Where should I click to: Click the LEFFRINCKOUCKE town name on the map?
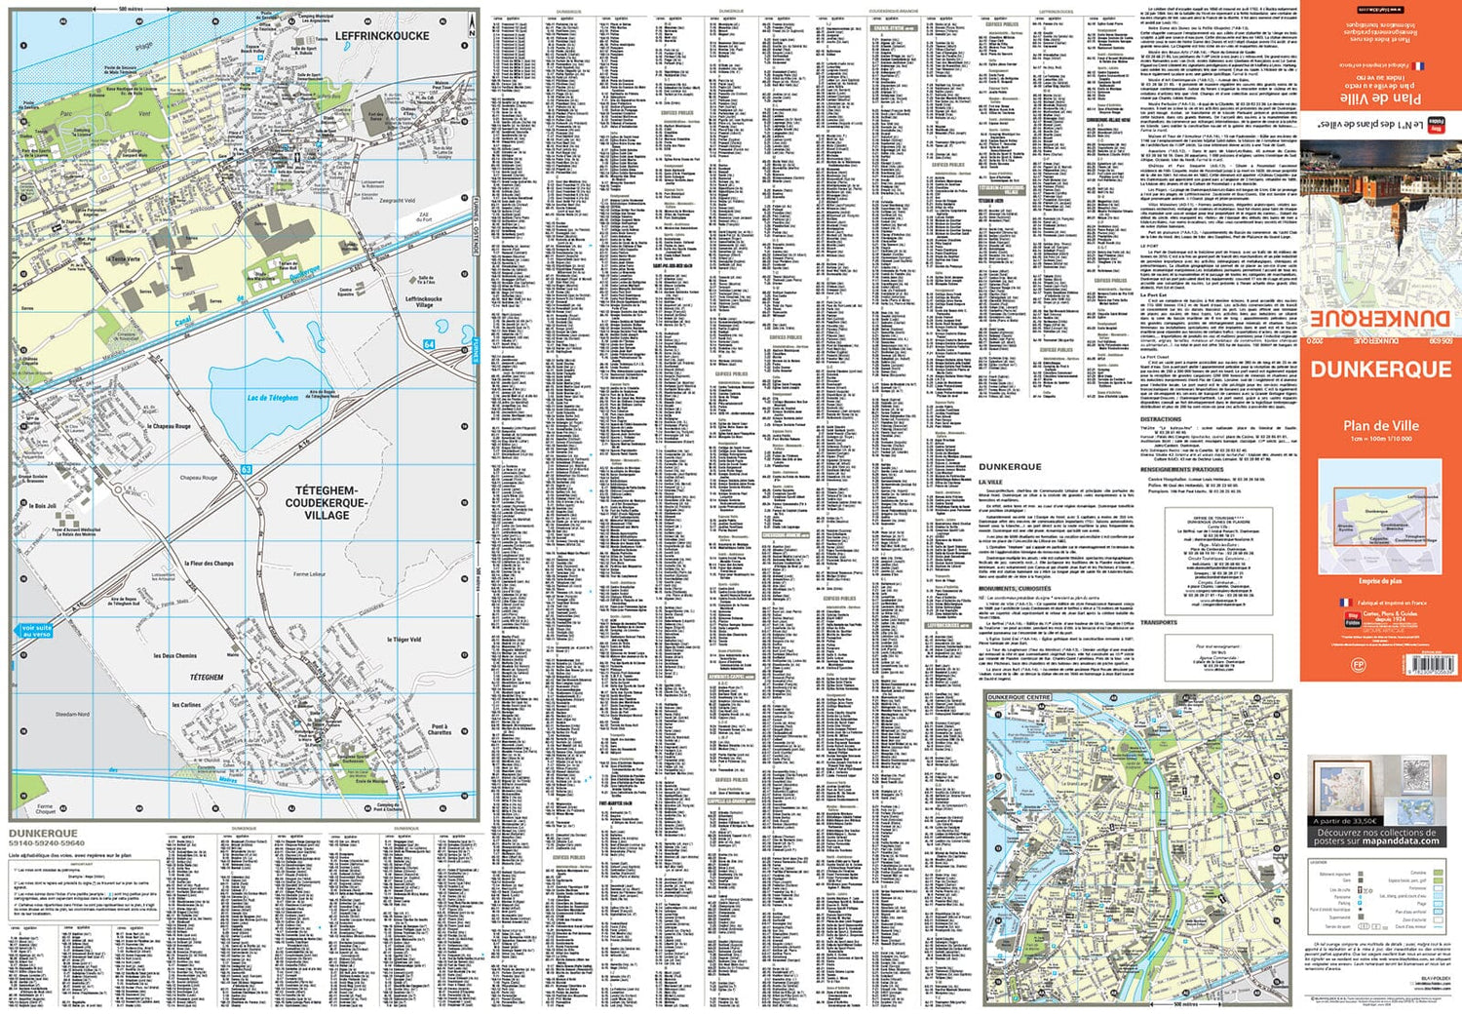tap(382, 36)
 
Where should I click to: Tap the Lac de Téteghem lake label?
tap(273, 398)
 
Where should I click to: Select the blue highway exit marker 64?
tap(429, 345)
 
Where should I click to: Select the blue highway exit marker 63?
tap(247, 470)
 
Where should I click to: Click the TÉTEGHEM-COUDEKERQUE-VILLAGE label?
tap(327, 503)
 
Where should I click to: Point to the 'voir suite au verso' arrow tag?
tap(36, 631)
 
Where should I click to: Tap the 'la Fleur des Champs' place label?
tap(210, 564)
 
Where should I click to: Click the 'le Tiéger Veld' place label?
tap(404, 640)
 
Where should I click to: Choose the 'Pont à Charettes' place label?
tap(440, 729)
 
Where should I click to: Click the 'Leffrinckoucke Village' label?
tap(424, 301)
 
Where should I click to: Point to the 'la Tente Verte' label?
tap(124, 259)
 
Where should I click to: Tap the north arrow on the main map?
tap(472, 28)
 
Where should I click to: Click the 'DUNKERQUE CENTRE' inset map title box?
tap(1019, 698)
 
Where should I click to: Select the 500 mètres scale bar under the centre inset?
tap(1184, 1002)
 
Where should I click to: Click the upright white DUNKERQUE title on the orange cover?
tap(1380, 370)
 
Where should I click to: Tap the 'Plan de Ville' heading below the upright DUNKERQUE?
tap(1380, 426)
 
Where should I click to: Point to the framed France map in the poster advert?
tap(1341, 788)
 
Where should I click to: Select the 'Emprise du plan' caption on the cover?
tap(1380, 581)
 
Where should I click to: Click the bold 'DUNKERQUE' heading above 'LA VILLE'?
tap(1010, 467)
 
